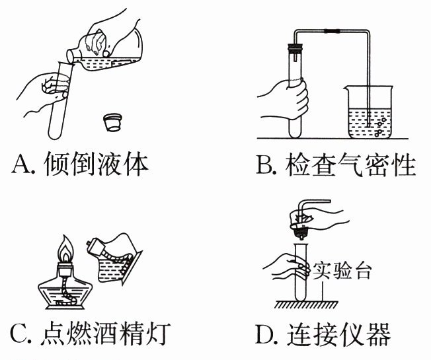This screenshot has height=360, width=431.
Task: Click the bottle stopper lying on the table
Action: pyautogui.click(x=114, y=122)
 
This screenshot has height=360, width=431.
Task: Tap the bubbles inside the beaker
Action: pyautogui.click(x=379, y=126)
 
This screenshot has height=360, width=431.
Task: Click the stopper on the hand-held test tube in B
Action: pyautogui.click(x=295, y=48)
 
